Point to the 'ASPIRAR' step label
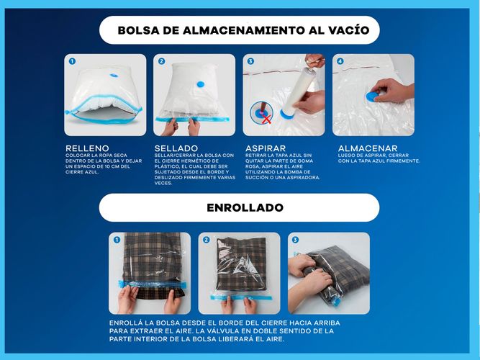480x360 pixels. click(x=266, y=148)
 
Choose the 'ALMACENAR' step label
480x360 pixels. click(x=368, y=148)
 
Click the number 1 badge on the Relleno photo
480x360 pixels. click(x=72, y=62)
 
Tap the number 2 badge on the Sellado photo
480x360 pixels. click(x=161, y=62)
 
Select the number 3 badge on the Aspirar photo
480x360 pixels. click(x=250, y=62)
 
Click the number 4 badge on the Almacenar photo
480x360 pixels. click(x=340, y=62)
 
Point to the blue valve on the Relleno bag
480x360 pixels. click(x=112, y=74)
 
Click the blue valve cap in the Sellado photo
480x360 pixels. click(x=199, y=84)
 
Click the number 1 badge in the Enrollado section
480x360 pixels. click(x=117, y=240)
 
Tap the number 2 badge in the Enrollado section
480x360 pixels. click(x=206, y=240)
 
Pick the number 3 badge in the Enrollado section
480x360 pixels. click(x=295, y=240)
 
